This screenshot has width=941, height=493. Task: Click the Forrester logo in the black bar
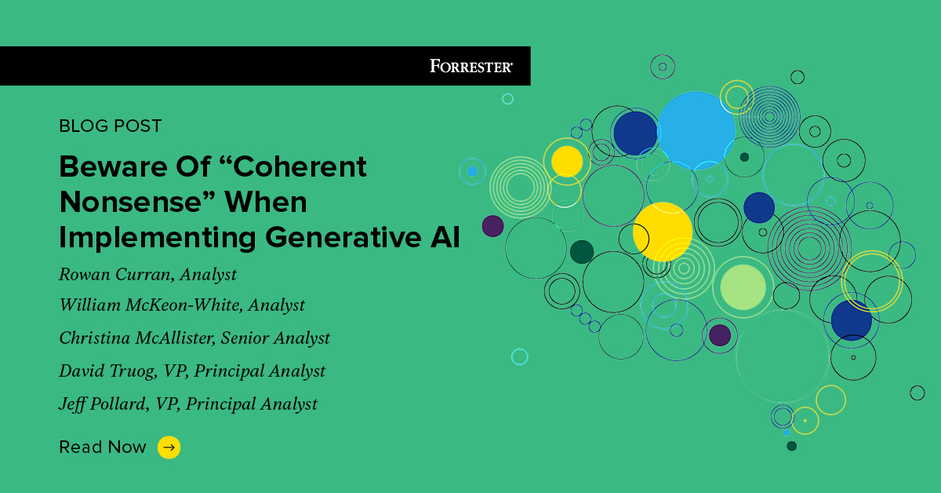(x=471, y=66)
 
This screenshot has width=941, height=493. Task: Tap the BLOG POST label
(x=111, y=126)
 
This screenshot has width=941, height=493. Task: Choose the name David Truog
(x=107, y=371)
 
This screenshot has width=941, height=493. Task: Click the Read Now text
(x=103, y=447)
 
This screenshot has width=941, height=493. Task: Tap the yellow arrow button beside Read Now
(x=169, y=447)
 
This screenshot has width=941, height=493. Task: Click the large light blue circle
(x=696, y=130)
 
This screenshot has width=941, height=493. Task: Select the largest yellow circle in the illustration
(x=663, y=232)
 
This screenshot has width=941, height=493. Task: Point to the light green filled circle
(x=743, y=287)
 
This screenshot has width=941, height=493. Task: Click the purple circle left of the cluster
(x=492, y=226)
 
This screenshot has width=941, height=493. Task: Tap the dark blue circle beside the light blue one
(x=635, y=133)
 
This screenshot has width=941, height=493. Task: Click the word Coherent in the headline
(x=300, y=166)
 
